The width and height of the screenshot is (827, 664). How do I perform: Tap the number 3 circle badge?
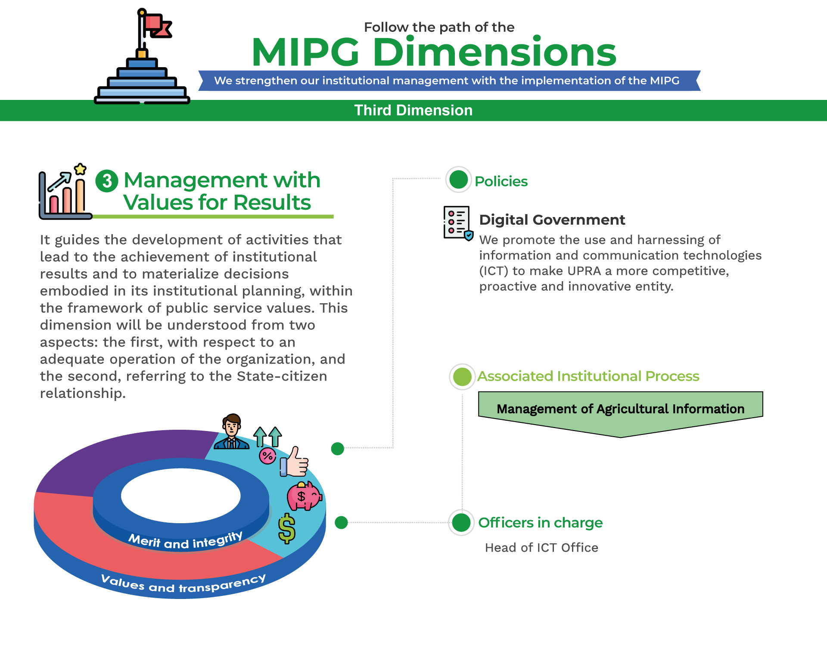tap(107, 180)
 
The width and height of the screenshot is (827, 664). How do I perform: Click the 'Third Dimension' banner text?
tap(413, 110)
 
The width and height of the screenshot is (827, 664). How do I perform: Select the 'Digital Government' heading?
tap(552, 220)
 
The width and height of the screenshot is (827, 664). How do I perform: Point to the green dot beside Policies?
tap(458, 180)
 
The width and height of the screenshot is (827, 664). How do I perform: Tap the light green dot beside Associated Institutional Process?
tap(462, 377)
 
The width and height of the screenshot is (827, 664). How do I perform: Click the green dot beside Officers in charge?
tap(461, 523)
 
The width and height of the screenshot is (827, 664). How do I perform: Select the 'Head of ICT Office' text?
tap(541, 547)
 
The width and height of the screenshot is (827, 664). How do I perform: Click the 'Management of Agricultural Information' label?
tap(620, 409)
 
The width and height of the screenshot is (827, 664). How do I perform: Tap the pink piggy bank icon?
tap(304, 496)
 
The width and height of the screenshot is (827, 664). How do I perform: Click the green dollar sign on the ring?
tap(287, 528)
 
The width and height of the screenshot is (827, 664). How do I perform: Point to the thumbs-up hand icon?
tap(294, 462)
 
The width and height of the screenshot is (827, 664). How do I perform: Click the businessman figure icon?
tap(232, 431)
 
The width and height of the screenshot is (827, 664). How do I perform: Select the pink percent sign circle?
tap(267, 456)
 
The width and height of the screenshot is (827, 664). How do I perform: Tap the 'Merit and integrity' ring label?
tap(186, 541)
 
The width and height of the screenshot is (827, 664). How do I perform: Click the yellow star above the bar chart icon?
tap(80, 169)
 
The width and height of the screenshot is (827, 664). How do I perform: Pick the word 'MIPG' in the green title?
tap(305, 52)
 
